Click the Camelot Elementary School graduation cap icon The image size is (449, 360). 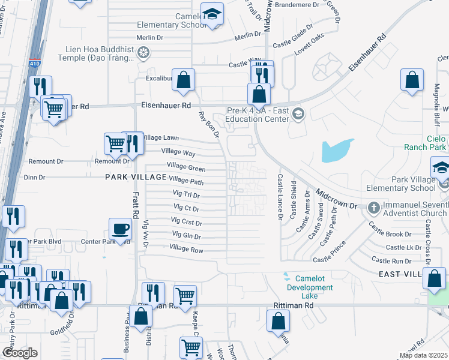pos(211,14)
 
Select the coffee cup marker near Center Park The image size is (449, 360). pos(120,229)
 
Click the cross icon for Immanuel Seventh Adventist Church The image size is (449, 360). pos(373,208)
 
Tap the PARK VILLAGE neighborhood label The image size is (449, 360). pos(136,177)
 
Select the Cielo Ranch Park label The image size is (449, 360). pos(436,142)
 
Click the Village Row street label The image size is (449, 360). pos(186,248)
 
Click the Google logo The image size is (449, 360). pos(20,353)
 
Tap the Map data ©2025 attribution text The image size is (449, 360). pos(423,355)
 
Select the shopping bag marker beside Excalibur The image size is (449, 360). pos(184,79)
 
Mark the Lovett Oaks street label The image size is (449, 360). pos(310,52)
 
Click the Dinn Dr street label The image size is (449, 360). pos(34,177)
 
